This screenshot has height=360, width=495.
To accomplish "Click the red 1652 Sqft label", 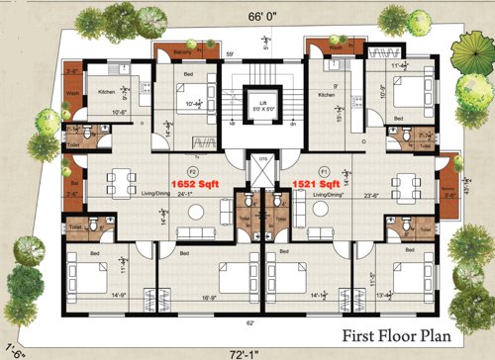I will click(197, 184).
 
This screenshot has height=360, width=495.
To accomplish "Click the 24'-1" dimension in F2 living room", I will click(186, 194).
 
